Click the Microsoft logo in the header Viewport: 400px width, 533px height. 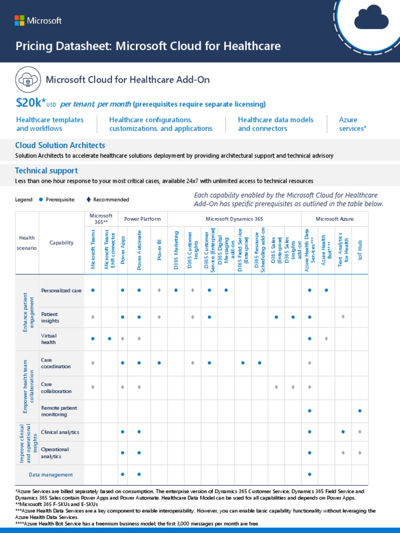[x=38, y=20]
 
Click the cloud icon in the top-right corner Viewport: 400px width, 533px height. [x=371, y=19]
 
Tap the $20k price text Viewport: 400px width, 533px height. [x=31, y=103]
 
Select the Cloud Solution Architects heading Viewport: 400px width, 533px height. [x=60, y=145]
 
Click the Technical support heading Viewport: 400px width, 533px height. [x=46, y=170]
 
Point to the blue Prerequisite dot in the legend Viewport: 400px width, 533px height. [x=41, y=199]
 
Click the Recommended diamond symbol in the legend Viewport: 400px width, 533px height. [x=89, y=199]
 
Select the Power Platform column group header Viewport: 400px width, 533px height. [x=142, y=219]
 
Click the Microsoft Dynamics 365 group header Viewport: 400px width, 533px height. [x=234, y=219]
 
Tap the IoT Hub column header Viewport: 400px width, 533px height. [x=360, y=250]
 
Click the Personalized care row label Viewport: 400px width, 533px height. [x=61, y=290]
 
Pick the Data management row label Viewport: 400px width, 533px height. [x=51, y=475]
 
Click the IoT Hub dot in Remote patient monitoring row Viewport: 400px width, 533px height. [x=360, y=411]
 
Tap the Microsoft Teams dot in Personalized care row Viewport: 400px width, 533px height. [x=93, y=290]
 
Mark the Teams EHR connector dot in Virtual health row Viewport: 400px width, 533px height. [x=109, y=339]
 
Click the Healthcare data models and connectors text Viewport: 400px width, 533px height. [x=276, y=124]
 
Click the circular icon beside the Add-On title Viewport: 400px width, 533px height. [x=27, y=80]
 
